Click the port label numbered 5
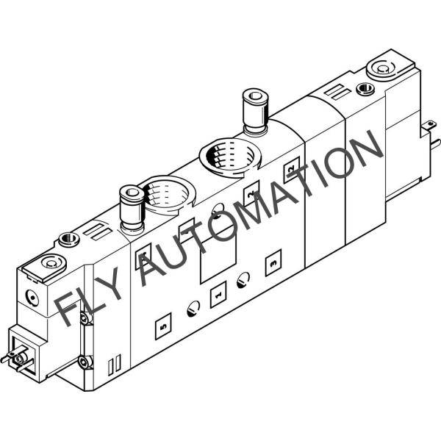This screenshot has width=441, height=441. point(162,323)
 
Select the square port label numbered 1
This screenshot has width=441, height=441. point(218,296)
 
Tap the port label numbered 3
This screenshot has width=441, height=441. point(274,259)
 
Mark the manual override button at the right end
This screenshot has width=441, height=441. point(382,70)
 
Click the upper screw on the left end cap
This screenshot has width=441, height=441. point(84,318)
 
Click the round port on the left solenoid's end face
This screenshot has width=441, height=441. point(30,297)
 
